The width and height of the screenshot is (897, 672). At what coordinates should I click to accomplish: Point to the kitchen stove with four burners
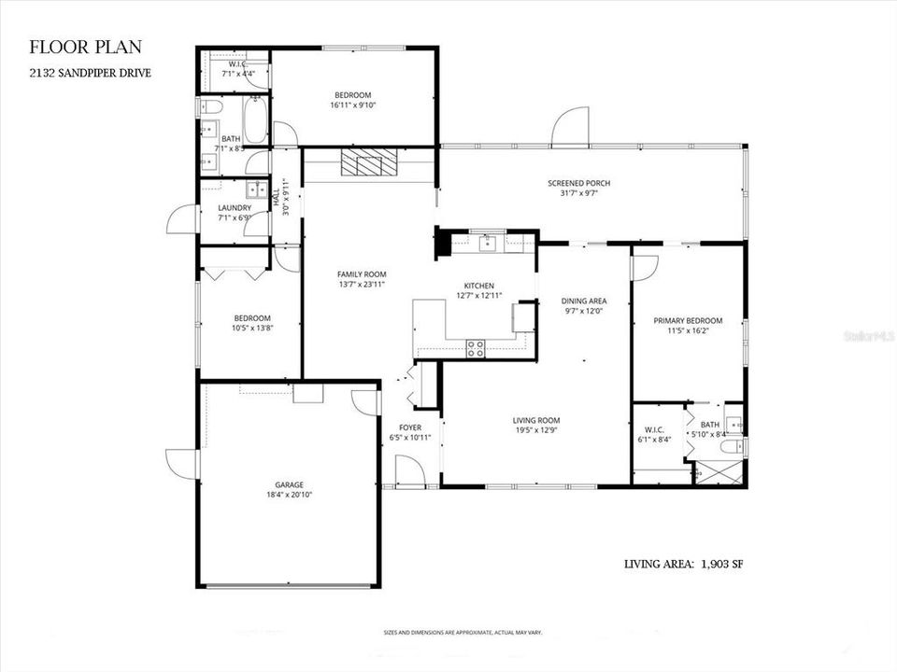(476, 349)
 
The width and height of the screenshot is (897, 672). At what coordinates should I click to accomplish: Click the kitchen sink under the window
(487, 244)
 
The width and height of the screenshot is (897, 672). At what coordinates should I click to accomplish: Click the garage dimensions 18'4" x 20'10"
(289, 496)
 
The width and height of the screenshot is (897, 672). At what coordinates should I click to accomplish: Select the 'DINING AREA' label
(584, 301)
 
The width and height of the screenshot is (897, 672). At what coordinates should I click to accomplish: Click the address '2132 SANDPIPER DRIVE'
(90, 72)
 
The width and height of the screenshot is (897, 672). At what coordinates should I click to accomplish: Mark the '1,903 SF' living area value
(719, 564)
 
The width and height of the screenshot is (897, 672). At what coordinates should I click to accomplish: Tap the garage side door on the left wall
(180, 463)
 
